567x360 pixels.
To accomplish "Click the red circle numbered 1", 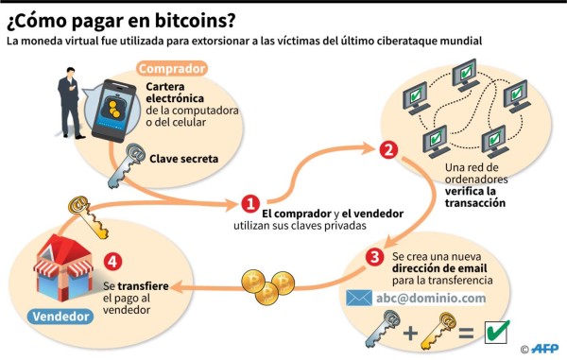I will coord(249,203).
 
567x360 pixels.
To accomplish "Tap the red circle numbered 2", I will coord(387,150).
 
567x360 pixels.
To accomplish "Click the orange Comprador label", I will coord(173,69).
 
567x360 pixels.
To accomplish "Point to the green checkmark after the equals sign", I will coord(497,333).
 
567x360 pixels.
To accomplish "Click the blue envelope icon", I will coord(359,299).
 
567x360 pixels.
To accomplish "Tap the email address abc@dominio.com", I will coord(430,299).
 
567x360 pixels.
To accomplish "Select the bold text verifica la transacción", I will coord(477,196).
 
